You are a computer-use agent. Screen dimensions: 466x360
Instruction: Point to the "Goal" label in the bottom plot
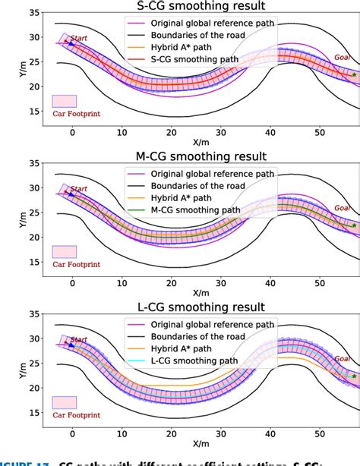click(x=339, y=357)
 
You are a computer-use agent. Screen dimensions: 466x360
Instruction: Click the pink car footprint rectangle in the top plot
click(x=64, y=100)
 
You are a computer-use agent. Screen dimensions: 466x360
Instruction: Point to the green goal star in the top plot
click(x=354, y=75)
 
